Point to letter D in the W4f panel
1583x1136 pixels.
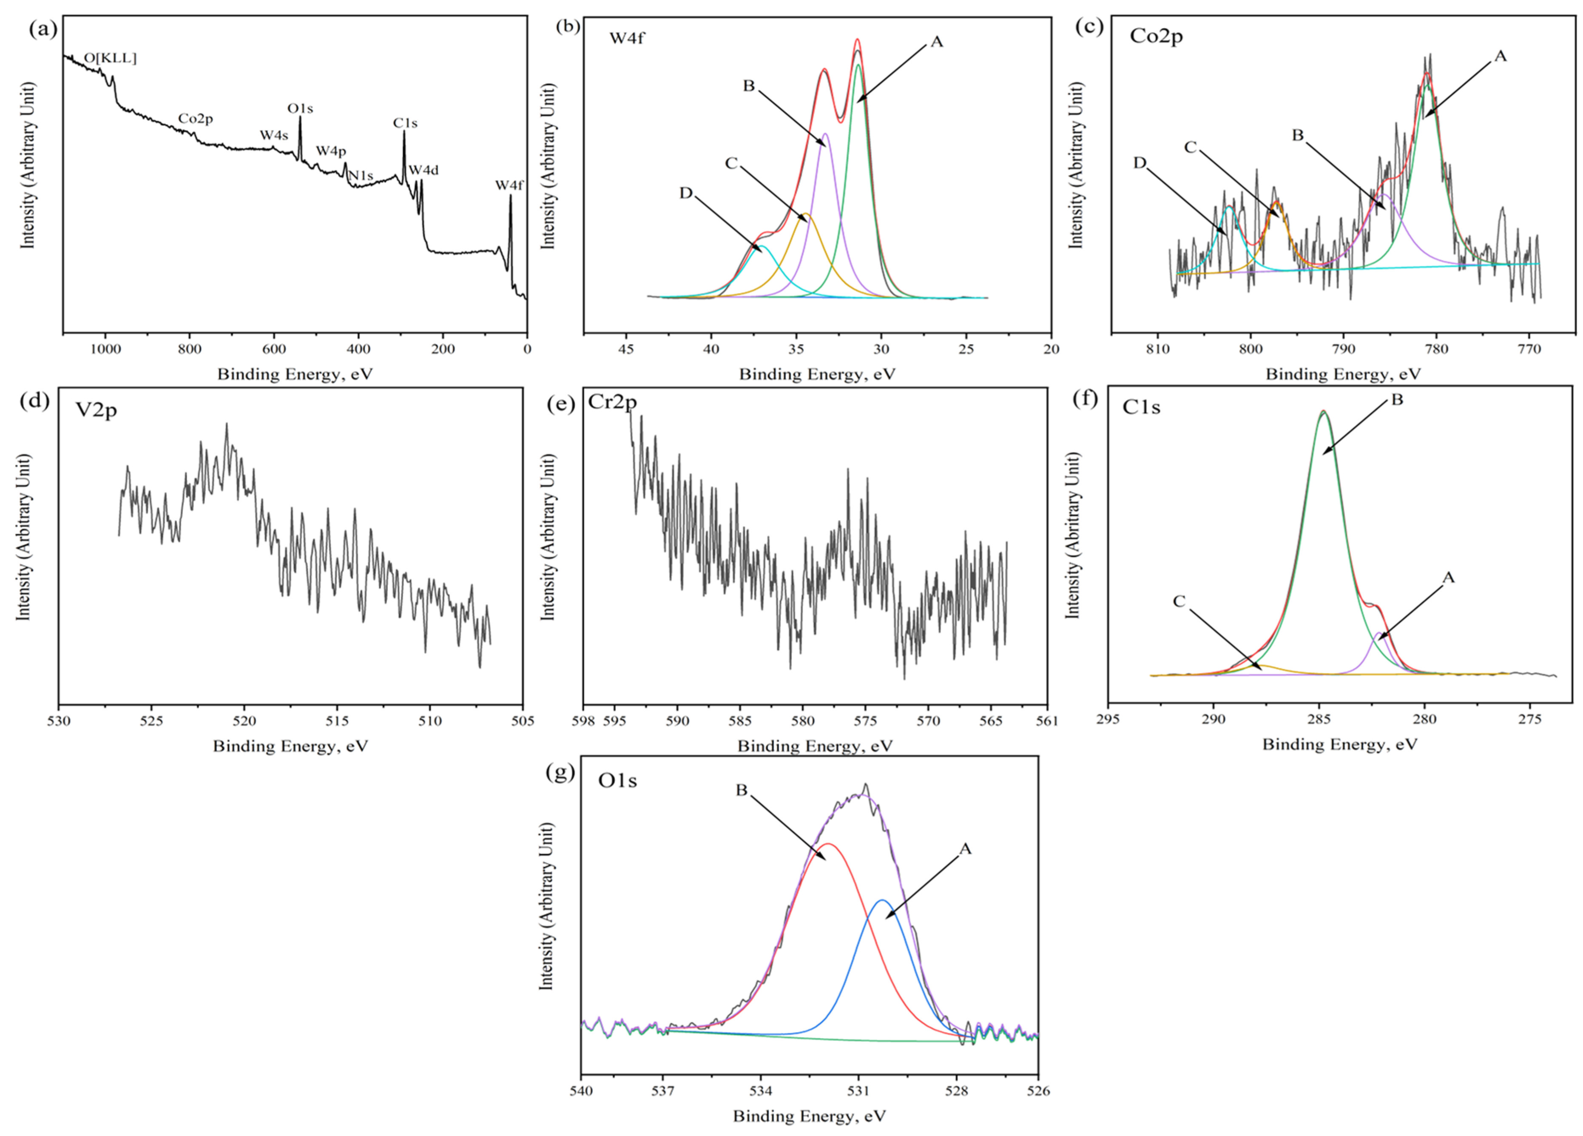(685, 193)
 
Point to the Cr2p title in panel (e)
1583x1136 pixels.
(612, 402)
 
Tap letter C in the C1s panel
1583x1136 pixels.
(1179, 601)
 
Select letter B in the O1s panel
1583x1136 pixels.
(741, 790)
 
